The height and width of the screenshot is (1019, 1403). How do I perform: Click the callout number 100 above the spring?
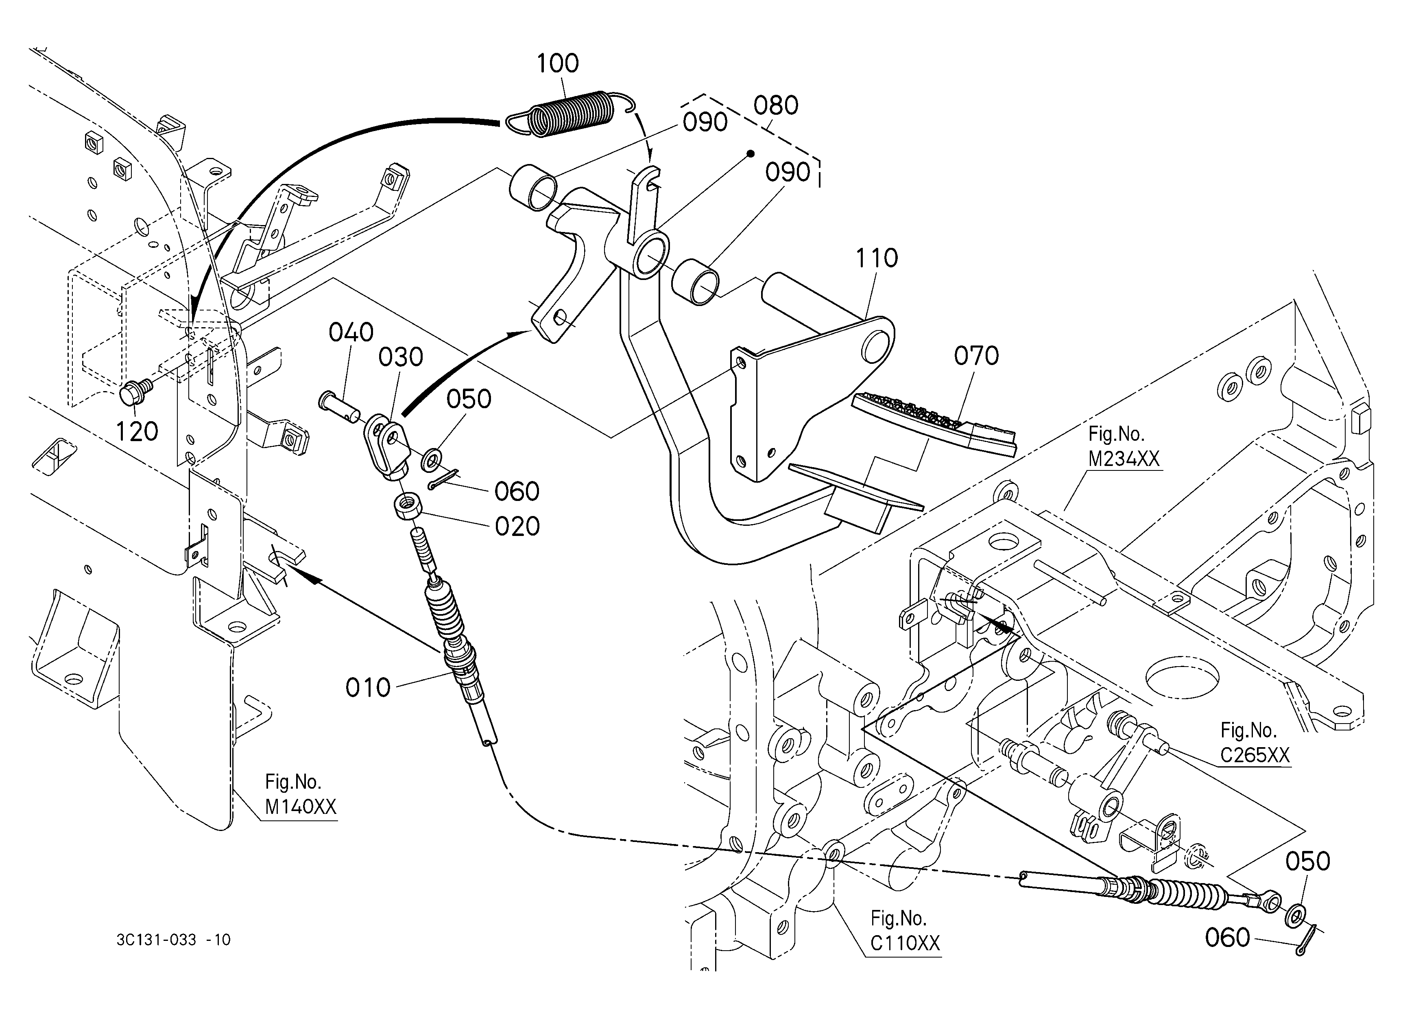pyautogui.click(x=557, y=63)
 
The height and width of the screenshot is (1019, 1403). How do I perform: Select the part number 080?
pyautogui.click(x=776, y=106)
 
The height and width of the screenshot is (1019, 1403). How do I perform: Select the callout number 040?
pyautogui.click(x=351, y=333)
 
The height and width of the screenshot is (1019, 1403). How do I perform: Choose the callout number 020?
pyautogui.click(x=517, y=527)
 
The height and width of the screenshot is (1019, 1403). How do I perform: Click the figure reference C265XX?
pyautogui.click(x=1255, y=755)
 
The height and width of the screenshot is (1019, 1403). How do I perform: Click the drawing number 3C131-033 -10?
pyautogui.click(x=173, y=940)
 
